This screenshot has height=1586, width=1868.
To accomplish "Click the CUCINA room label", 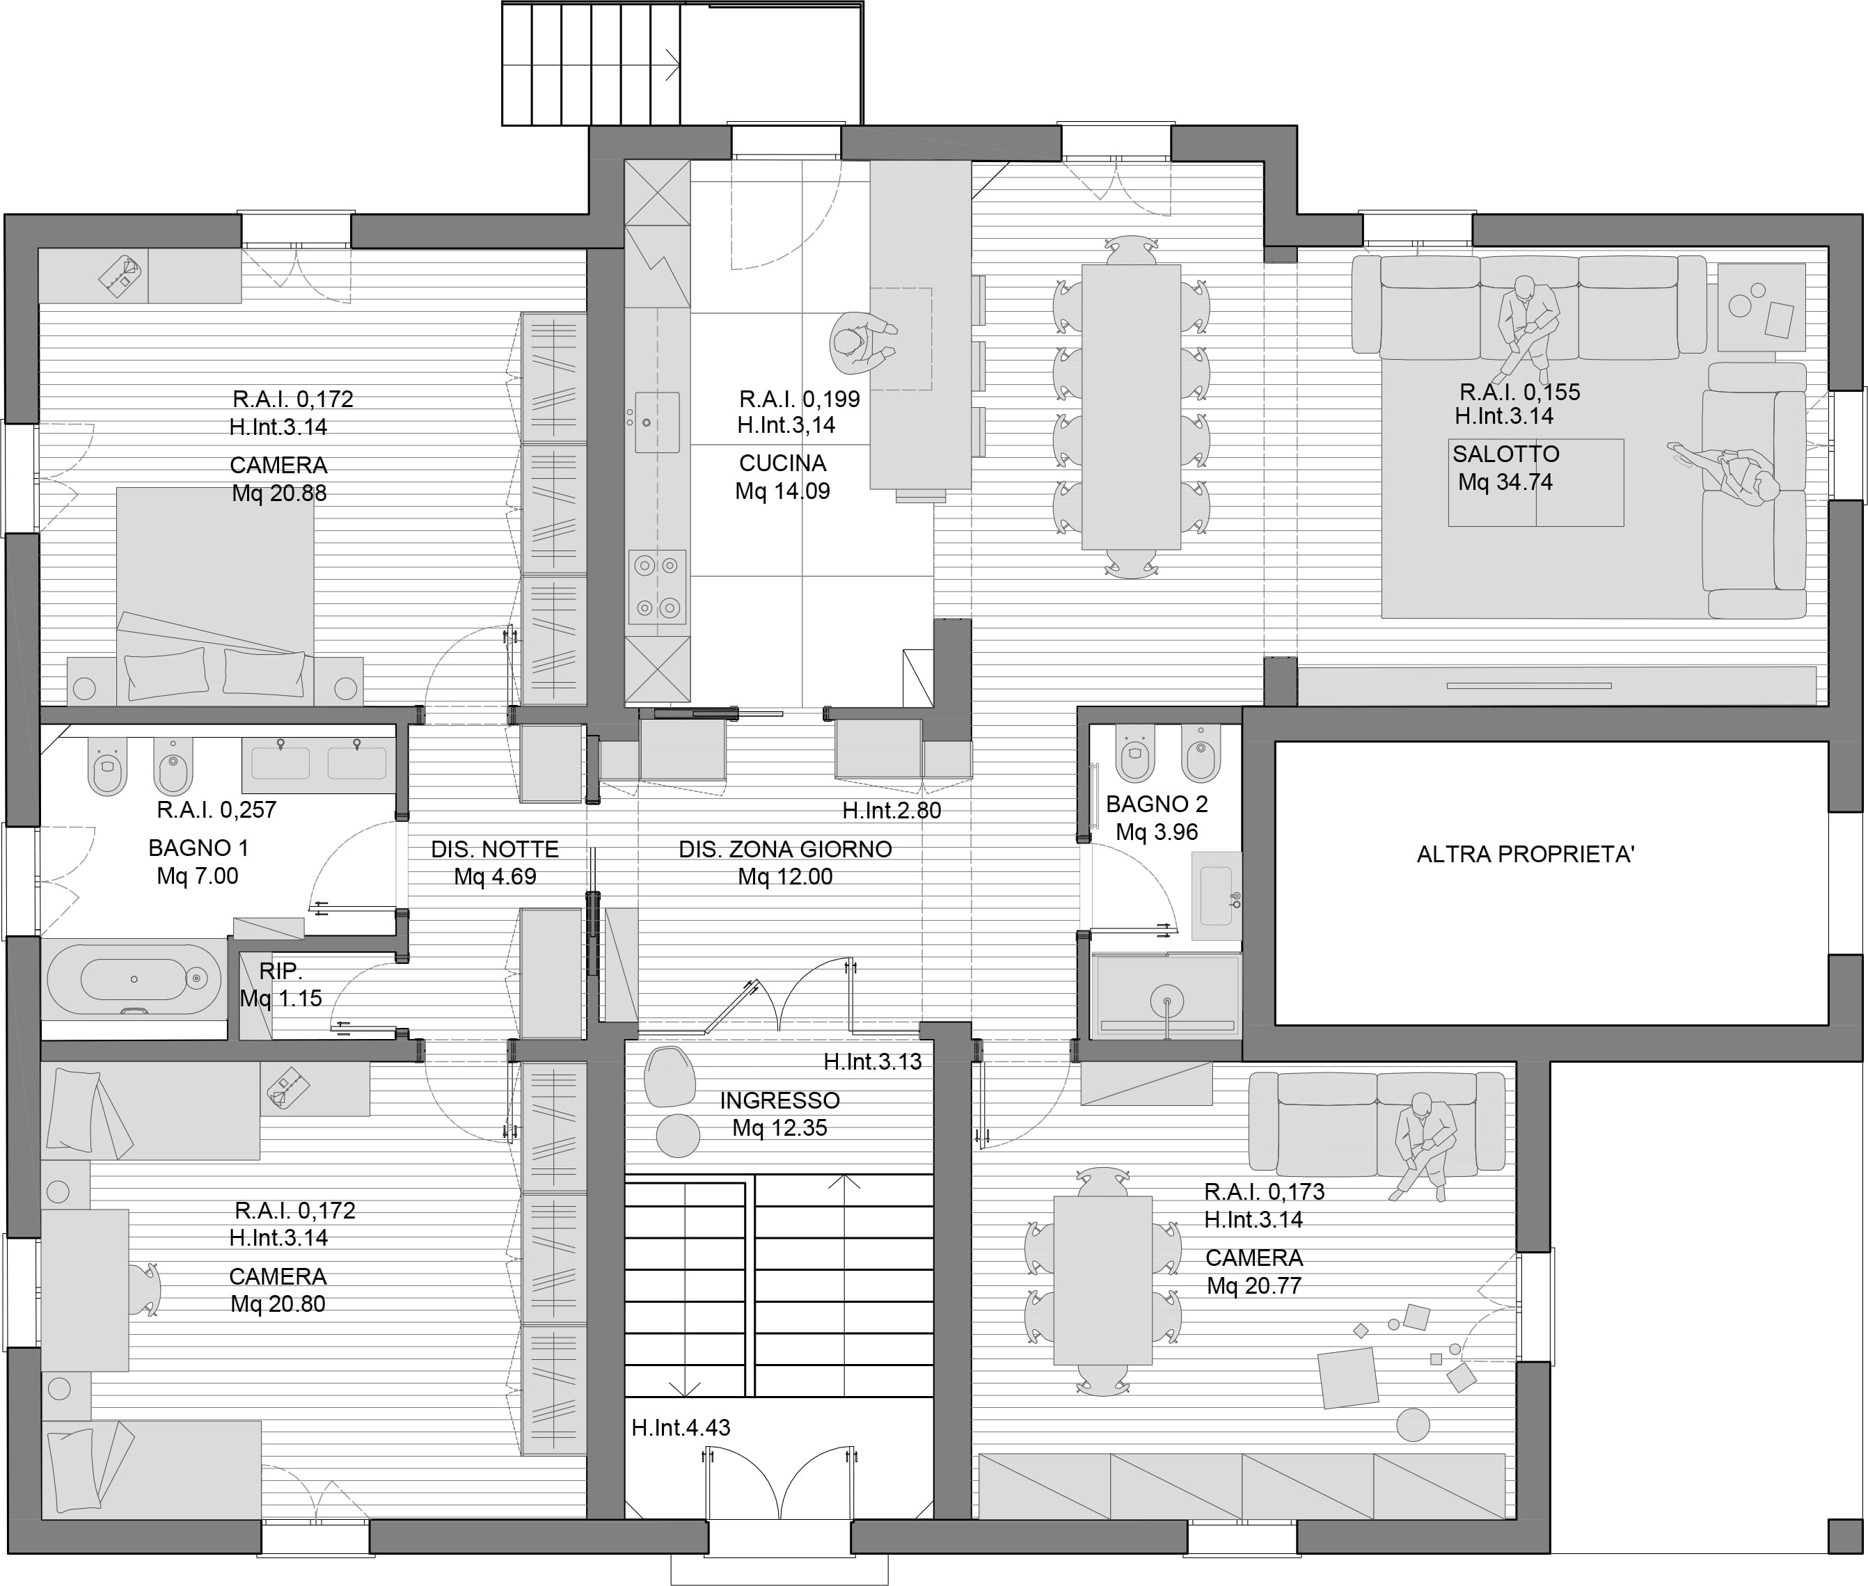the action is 782,463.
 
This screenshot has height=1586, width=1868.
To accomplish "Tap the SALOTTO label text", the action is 1505,454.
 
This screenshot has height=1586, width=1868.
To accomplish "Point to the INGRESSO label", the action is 779,1100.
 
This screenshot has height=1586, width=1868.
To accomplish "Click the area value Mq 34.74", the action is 1505,482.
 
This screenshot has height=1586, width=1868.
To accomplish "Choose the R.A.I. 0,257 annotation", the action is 216,810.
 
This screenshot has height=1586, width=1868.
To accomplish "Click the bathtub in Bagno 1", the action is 134,979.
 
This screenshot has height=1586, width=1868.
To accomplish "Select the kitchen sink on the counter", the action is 657,422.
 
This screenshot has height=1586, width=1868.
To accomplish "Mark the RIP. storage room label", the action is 280,971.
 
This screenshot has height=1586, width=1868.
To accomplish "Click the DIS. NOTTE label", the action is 494,850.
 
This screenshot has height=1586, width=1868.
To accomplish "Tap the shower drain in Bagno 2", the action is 1168,1000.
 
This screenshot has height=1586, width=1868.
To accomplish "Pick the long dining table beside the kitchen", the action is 1131,406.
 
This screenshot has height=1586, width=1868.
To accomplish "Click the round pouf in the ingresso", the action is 678,1136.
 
